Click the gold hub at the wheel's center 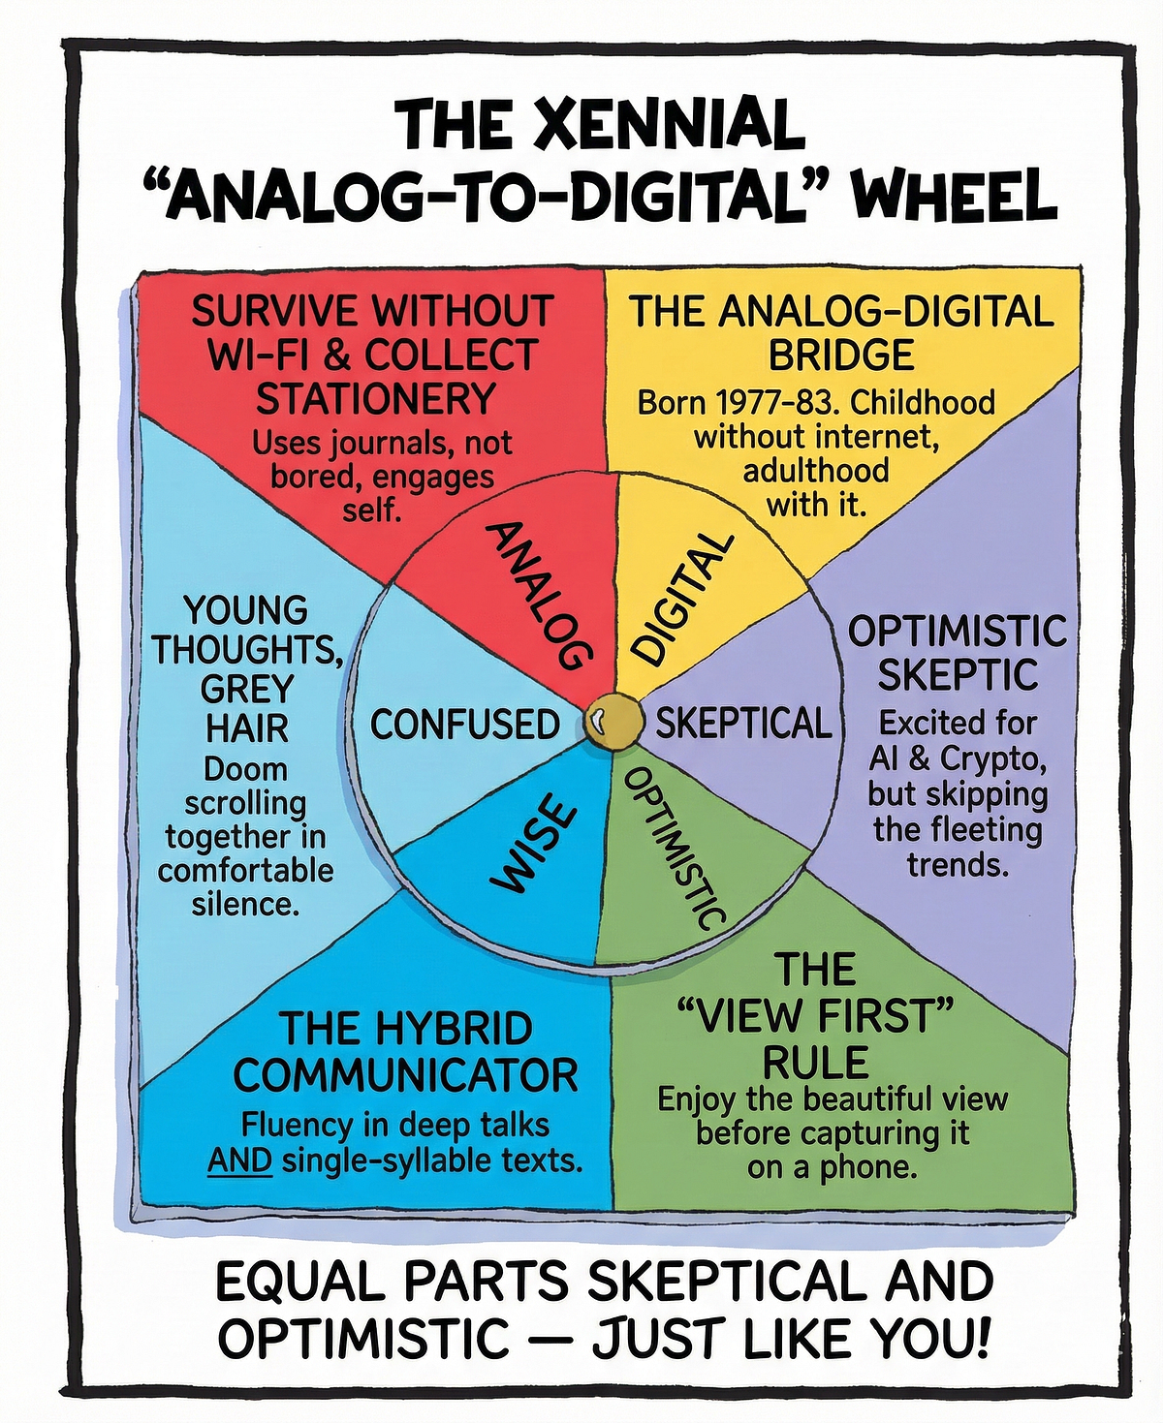(612, 722)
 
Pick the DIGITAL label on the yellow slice (682, 597)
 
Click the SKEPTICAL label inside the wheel (743, 724)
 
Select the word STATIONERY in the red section (376, 399)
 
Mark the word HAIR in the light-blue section (247, 729)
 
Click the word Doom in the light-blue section (246, 770)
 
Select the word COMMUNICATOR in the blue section (406, 1075)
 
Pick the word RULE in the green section (815, 1063)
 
